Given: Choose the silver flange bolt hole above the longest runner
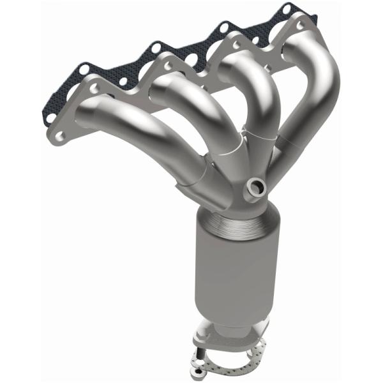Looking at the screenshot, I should coord(96,89).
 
